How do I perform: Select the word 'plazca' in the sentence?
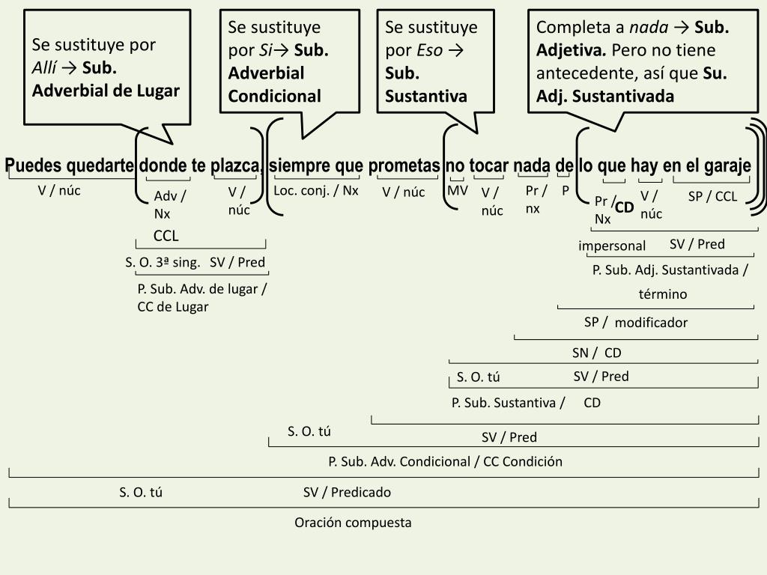pos(236,165)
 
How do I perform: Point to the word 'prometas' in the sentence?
pos(404,165)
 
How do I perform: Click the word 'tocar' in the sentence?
pos(489,165)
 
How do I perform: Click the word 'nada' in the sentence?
pos(533,165)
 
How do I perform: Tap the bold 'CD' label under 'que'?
pos(625,207)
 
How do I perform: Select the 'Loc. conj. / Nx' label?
pos(316,190)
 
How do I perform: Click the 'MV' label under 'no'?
pos(458,190)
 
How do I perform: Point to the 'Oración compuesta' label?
pos(353,523)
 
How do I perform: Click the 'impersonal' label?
pos(612,246)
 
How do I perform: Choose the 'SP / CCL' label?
pos(712,197)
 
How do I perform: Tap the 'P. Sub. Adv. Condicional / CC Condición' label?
pos(445,461)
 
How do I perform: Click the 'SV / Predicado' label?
pos(347,492)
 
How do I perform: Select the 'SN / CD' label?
pos(597,353)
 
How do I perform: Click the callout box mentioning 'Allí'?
pos(106,67)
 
